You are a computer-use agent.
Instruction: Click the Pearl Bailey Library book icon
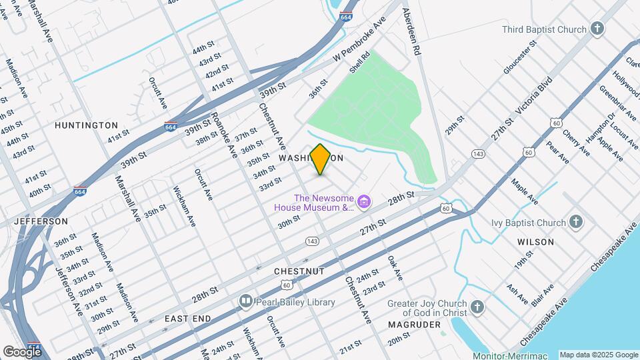coord(245,302)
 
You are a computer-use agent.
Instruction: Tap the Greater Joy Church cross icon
coord(477,307)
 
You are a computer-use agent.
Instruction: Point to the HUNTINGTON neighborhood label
coord(86,125)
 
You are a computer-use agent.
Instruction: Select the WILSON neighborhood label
coord(535,242)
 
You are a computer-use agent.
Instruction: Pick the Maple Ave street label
coord(525,191)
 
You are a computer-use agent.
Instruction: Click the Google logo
coord(22,352)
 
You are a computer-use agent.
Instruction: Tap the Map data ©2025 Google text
coord(597,355)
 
